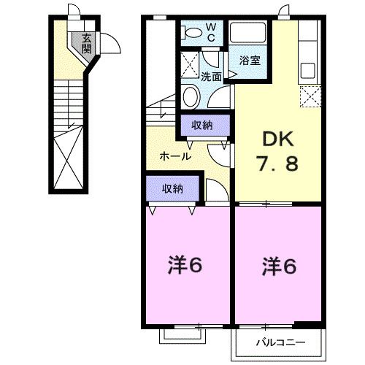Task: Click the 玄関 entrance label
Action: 87,45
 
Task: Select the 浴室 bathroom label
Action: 250,61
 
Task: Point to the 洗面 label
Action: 212,75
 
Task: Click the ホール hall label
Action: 175,155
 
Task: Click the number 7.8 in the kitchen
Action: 277,164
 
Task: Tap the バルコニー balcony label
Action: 280,342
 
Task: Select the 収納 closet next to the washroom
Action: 202,125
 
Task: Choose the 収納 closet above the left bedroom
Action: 172,189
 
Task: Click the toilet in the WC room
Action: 193,32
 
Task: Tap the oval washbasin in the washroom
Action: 191,97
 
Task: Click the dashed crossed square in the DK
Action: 310,96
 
